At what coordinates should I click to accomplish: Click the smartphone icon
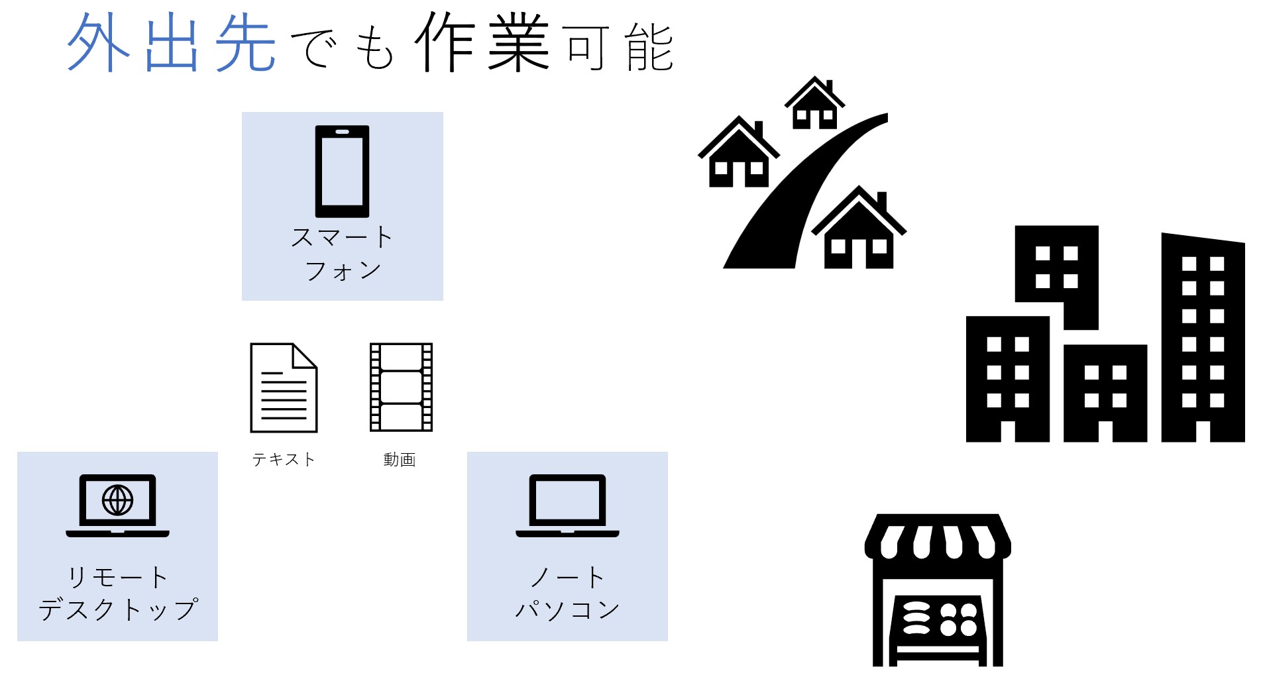[x=342, y=172]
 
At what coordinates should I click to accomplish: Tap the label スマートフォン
[x=342, y=254]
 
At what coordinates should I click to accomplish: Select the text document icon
[x=284, y=388]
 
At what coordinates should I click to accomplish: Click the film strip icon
[x=401, y=388]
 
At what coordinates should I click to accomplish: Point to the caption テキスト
[x=284, y=459]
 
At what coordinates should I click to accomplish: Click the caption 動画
[x=400, y=459]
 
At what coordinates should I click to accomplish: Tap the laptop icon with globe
[x=117, y=505]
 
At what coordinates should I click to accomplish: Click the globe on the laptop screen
[x=117, y=500]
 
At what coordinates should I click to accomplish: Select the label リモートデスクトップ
[x=118, y=593]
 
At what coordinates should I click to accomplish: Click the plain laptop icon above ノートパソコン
[x=567, y=505]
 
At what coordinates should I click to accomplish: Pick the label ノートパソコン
[x=567, y=593]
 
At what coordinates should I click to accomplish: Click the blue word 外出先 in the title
[x=172, y=43]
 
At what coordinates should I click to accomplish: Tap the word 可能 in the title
[x=620, y=46]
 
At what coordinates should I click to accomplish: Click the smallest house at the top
[x=814, y=103]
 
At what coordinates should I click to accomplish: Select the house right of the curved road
[x=859, y=227]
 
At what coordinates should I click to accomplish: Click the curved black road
[x=805, y=191]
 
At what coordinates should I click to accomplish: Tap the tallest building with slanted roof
[x=1203, y=337]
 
